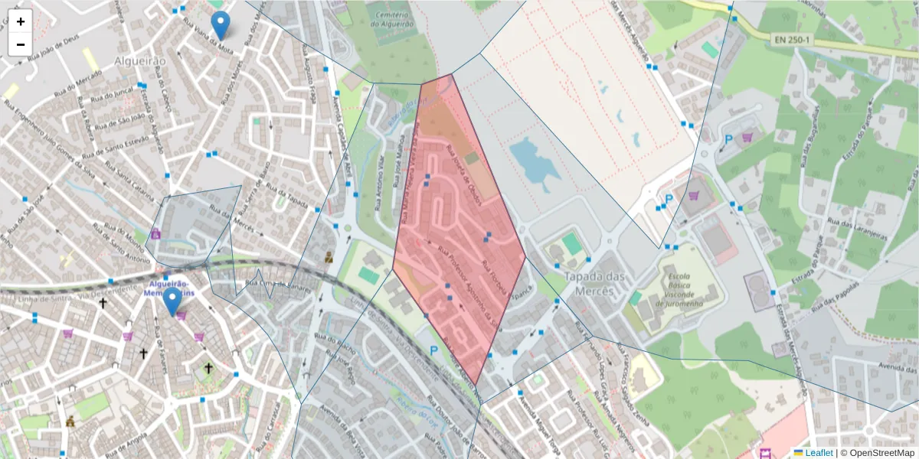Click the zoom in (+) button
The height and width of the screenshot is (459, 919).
point(21,21)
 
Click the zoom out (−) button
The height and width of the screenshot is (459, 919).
point(21,44)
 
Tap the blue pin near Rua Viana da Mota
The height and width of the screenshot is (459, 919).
point(221,24)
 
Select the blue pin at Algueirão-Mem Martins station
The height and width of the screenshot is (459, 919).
point(173,301)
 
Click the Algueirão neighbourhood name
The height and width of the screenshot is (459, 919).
point(140,60)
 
